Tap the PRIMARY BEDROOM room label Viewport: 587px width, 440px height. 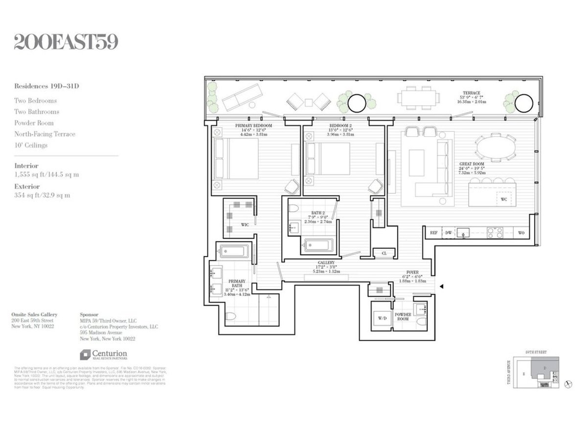click(253, 126)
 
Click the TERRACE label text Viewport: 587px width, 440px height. click(472, 93)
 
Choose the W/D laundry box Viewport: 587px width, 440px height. click(383, 319)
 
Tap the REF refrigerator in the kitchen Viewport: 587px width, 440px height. click(433, 233)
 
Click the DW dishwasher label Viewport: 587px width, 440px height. click(449, 233)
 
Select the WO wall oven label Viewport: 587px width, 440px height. click(521, 233)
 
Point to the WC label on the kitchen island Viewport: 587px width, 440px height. click(503, 199)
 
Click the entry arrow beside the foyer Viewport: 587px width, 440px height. click(442, 287)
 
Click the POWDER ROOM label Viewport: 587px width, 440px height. click(403, 318)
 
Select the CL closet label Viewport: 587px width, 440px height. click(384, 253)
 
